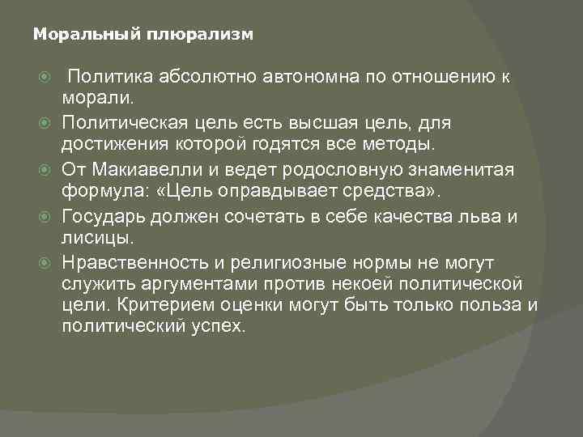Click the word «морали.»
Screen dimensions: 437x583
click(103, 97)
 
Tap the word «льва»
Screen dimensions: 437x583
click(488, 217)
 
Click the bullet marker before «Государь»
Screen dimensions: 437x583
click(50, 217)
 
